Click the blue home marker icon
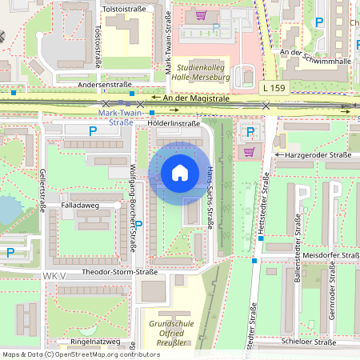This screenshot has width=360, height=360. pos(180,172)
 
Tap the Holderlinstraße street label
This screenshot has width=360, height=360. pos(174,124)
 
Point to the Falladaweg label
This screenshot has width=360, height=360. pos(78,205)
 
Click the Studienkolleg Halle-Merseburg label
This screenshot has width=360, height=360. pos(203,73)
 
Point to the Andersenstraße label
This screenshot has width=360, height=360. pos(104,84)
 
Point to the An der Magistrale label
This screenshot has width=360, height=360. pos(196,98)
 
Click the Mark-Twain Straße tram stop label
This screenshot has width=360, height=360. pos(115,117)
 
